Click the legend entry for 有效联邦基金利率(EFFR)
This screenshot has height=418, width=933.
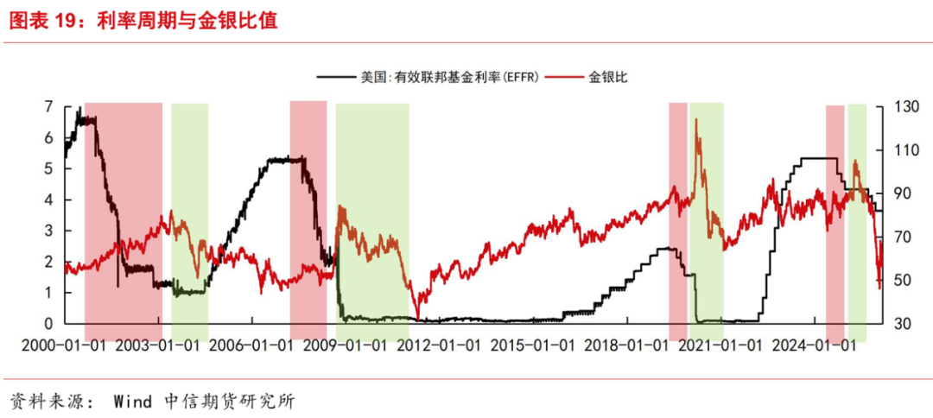point(449,77)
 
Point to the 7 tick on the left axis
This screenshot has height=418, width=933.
point(48,107)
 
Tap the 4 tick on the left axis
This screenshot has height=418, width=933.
point(48,199)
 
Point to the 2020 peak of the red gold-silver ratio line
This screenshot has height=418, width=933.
point(695,121)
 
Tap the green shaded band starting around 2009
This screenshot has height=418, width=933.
point(372,216)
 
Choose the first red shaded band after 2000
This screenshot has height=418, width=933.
point(123,216)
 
